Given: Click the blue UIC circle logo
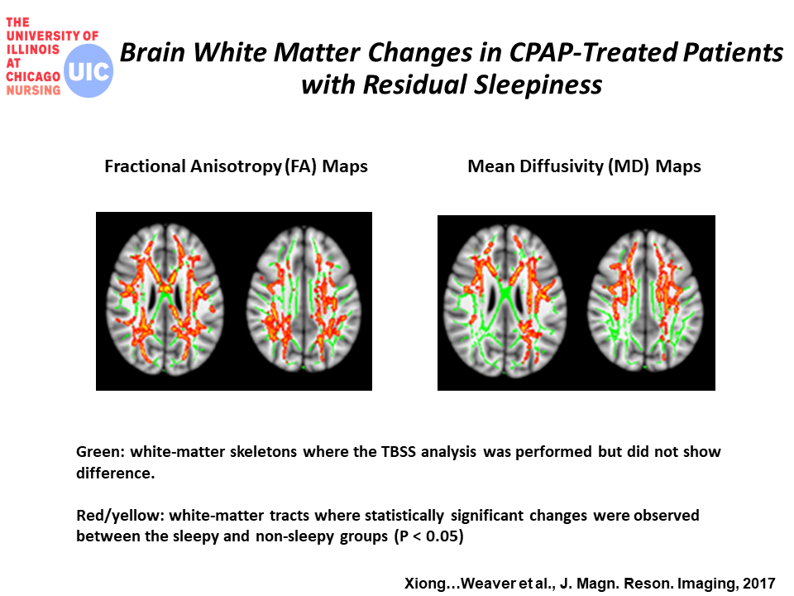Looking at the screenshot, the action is pyautogui.click(x=88, y=71).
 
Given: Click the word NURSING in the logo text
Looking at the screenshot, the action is pyautogui.click(x=33, y=90).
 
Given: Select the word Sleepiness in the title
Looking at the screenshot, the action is pyautogui.click(x=538, y=84).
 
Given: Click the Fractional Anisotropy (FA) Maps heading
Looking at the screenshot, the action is pyautogui.click(x=236, y=166).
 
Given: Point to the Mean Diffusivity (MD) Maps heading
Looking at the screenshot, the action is pyautogui.click(x=585, y=166).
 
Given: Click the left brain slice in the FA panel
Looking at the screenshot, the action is pyautogui.click(x=165, y=299).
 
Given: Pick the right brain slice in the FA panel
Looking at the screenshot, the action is pyautogui.click(x=304, y=299).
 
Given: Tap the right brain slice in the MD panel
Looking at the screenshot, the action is pyautogui.click(x=645, y=300).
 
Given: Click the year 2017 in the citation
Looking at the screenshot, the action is pyautogui.click(x=759, y=584).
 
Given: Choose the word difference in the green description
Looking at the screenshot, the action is pyautogui.click(x=116, y=473).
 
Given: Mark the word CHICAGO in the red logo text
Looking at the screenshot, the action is pyautogui.click(x=33, y=76).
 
